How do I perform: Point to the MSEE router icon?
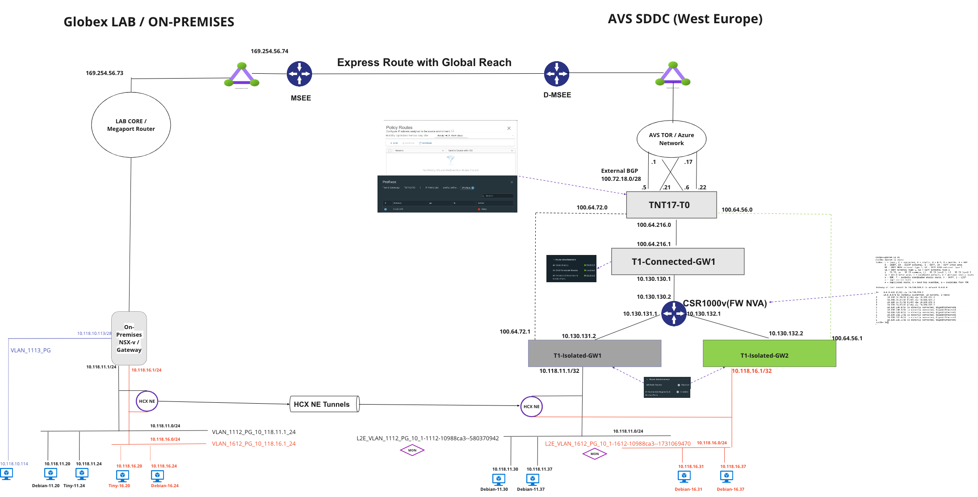[x=299, y=74]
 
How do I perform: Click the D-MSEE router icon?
[x=556, y=74]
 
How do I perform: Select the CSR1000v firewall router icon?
[x=674, y=313]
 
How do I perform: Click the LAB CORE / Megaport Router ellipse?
[x=131, y=125]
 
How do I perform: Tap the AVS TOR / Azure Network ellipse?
[x=671, y=139]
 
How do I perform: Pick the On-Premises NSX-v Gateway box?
[x=129, y=338]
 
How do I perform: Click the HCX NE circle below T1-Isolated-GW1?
[x=531, y=406]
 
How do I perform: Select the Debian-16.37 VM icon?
[x=726, y=477]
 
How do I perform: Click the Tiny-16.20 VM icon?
[x=122, y=476]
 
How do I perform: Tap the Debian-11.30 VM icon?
[x=498, y=480]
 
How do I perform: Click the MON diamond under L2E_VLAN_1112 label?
[x=412, y=450]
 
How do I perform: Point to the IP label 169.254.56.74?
[x=269, y=51]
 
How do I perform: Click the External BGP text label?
[x=619, y=171]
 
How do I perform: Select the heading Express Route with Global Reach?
[x=424, y=63]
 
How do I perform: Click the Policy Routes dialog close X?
[x=508, y=129]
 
